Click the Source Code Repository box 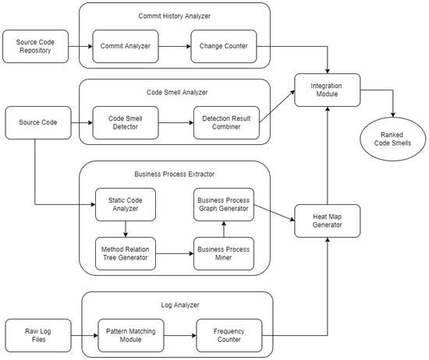coord(34,46)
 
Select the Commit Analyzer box coord(126,46)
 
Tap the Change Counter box coord(224,46)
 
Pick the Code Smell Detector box coord(126,123)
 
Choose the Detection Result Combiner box coord(227,123)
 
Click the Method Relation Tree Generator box coord(126,254)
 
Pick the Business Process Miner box coord(223,254)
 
